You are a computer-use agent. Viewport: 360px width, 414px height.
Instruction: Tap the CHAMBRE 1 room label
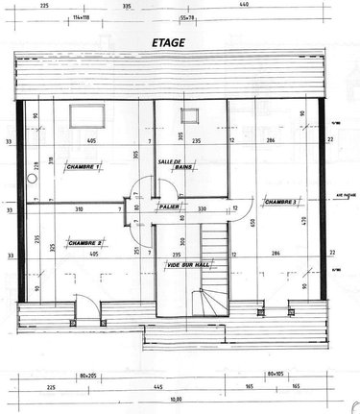coord(84,166)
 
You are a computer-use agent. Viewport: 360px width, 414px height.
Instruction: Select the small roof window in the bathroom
coord(187,116)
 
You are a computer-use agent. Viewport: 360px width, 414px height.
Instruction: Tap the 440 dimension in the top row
coord(270,5)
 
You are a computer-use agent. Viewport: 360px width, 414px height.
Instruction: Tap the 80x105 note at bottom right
coord(277,375)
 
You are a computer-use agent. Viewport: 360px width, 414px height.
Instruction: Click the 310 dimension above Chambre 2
coord(79,208)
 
